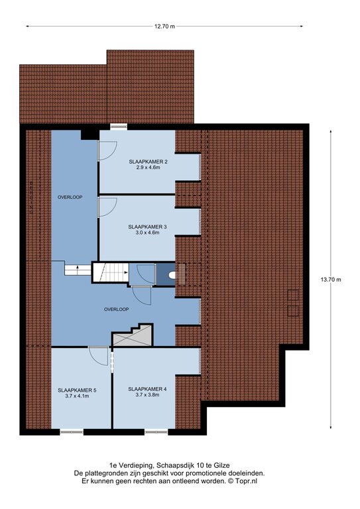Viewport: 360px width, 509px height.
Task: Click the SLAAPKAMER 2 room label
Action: (148, 161)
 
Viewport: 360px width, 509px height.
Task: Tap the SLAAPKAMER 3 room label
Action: (147, 227)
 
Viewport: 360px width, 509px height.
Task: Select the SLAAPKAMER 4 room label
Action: (147, 389)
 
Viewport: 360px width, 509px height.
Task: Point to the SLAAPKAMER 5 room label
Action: (77, 390)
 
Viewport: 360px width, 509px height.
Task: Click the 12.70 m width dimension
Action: (164, 27)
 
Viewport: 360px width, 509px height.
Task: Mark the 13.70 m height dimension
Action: (331, 280)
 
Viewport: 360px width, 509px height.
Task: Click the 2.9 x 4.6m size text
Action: (148, 167)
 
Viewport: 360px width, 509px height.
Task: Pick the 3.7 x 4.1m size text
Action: (77, 396)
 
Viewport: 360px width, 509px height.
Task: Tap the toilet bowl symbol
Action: (172, 275)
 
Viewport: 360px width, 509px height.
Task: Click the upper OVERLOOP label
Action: (70, 197)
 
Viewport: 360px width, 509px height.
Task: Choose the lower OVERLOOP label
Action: (117, 310)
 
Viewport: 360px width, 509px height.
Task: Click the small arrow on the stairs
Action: (78, 267)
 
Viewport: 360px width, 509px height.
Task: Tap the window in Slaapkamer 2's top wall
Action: (118, 127)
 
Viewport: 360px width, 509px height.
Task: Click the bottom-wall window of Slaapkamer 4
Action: (156, 432)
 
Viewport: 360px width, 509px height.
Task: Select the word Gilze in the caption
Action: (223, 466)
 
